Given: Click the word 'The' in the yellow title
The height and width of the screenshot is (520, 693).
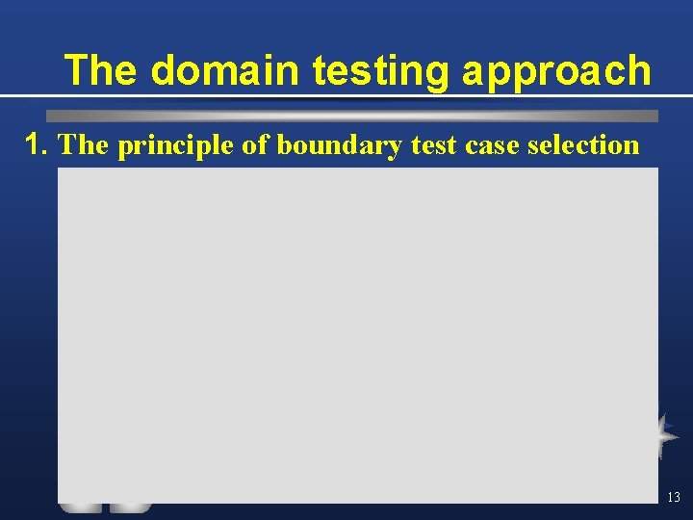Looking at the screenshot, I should (x=103, y=70).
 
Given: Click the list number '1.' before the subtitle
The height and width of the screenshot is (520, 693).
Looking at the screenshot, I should (x=38, y=144).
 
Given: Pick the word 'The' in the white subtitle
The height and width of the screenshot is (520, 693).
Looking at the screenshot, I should (x=84, y=144).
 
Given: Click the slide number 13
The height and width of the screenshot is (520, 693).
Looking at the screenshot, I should (x=673, y=497).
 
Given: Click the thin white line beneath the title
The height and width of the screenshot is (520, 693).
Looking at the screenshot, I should (x=346, y=96).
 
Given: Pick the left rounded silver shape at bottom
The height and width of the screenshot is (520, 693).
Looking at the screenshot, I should (x=81, y=507).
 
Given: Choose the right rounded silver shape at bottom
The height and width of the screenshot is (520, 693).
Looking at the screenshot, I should (x=130, y=507).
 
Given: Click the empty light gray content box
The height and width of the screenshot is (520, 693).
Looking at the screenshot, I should (x=357, y=332).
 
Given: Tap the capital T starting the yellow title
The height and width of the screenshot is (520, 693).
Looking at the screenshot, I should (x=76, y=70).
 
